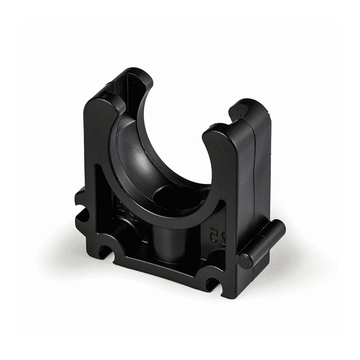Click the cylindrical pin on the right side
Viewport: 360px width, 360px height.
click(262, 244)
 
